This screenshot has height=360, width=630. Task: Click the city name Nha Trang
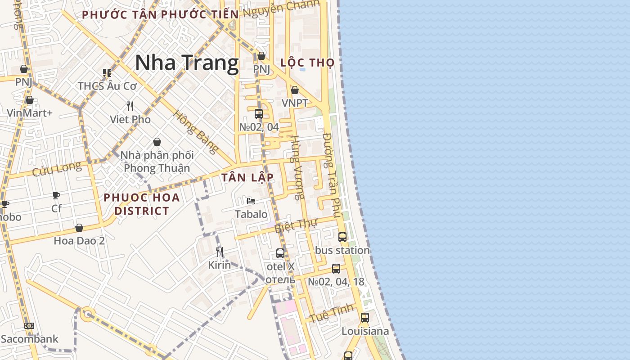(187, 63)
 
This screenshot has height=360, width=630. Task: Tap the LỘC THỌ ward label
(307, 63)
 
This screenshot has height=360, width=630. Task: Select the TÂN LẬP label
(247, 177)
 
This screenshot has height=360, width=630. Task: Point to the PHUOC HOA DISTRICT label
(142, 204)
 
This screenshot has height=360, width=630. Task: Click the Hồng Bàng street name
(196, 131)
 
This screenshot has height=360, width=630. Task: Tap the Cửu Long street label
(57, 169)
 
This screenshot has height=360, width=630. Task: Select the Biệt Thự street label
(296, 225)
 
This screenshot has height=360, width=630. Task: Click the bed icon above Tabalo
(251, 201)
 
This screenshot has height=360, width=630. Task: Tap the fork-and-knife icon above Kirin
(220, 252)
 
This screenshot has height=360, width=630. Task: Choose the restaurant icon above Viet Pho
(130, 106)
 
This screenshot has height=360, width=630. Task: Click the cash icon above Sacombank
(29, 326)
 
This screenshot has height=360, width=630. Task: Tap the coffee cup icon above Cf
(56, 195)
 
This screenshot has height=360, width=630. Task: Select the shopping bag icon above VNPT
(295, 90)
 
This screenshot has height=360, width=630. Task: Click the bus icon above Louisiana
(365, 318)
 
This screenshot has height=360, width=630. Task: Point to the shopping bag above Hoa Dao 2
(79, 228)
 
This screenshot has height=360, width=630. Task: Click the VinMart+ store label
(30, 112)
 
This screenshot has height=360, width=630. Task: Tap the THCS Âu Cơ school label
(107, 85)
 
